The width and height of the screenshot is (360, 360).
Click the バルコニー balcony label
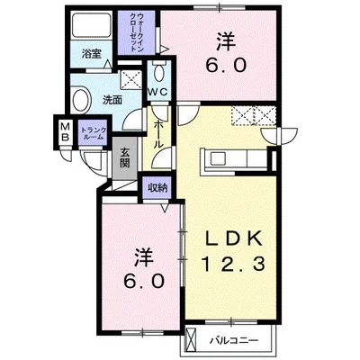point(234,341)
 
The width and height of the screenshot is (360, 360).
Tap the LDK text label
point(234,238)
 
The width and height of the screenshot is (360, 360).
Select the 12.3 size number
point(234,264)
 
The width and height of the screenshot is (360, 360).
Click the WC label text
point(158,92)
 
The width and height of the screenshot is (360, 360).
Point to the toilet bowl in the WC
point(158,71)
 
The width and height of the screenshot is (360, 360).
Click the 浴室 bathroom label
point(92,54)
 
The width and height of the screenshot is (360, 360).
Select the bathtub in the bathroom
point(92,25)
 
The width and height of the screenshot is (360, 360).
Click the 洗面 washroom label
point(112,100)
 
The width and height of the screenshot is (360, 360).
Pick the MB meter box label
point(65,132)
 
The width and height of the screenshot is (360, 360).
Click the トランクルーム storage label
point(94,133)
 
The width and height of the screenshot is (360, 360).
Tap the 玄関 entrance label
point(124,158)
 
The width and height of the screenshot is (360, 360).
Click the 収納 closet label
point(157,188)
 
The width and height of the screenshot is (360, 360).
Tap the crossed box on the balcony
point(191,340)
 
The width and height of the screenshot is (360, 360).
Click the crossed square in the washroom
point(130,79)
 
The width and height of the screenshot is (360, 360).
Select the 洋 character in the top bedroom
point(226,41)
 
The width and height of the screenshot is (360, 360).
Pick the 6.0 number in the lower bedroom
point(144,282)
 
